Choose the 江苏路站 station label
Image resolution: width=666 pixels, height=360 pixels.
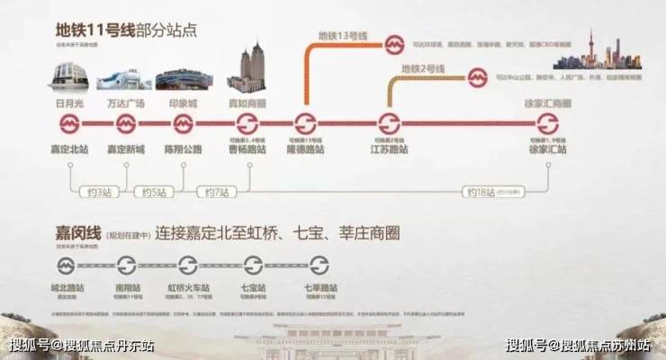click(390, 149)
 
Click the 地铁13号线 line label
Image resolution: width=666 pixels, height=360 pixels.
click(343, 36)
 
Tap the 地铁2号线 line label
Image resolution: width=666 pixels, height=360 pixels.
click(422, 68)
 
